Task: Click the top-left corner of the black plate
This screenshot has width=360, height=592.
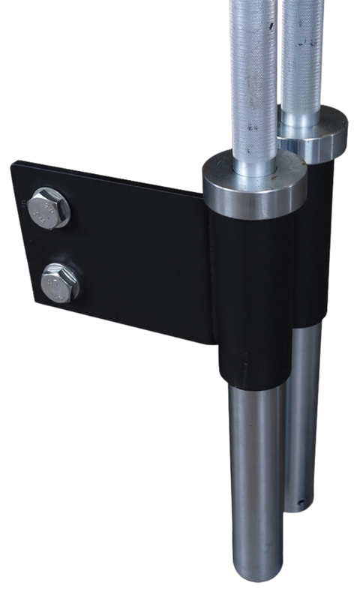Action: coord(18,160)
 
